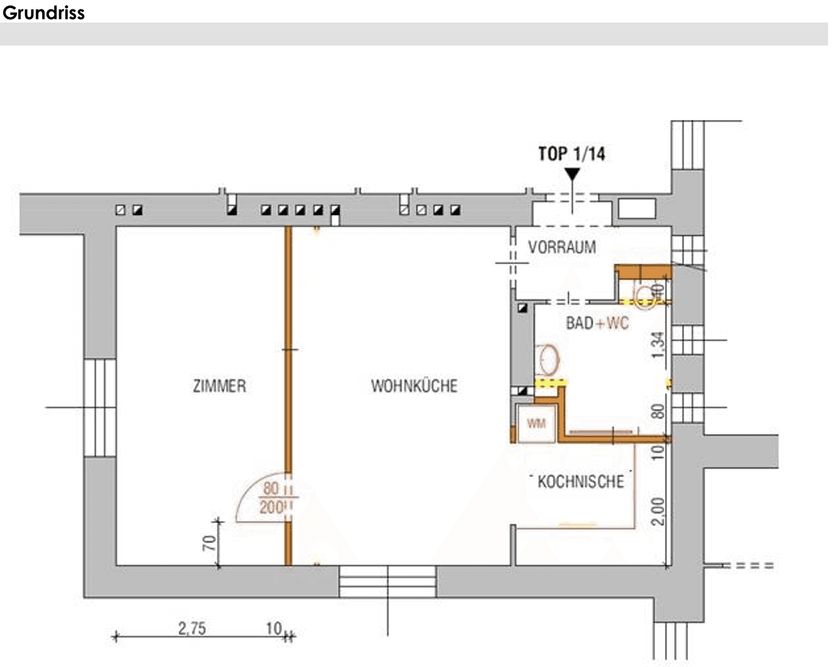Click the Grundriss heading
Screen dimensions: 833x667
tap(43, 13)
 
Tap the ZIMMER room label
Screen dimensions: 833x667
tap(219, 386)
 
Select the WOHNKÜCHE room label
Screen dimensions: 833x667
tap(414, 386)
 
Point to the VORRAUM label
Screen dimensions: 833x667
tap(562, 247)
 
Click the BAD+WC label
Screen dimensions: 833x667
tap(597, 323)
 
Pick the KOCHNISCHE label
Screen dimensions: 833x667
tap(581, 482)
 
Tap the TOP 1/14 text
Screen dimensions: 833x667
tap(571, 154)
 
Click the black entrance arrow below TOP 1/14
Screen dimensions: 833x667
tap(572, 174)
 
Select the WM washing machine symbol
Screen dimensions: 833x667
tap(536, 423)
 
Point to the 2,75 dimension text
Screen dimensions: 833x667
tap(192, 629)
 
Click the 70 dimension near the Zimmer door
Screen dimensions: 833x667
tap(209, 543)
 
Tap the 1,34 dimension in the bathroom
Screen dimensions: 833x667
tap(658, 345)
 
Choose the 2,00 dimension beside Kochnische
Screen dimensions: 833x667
tap(658, 512)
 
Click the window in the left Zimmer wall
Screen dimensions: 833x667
tap(100, 408)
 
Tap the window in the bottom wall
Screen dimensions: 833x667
tap(388, 581)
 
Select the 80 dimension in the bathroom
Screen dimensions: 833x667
tap(658, 411)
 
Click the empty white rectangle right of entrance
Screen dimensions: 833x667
tap(637, 209)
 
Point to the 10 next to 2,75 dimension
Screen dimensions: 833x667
tap(274, 629)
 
